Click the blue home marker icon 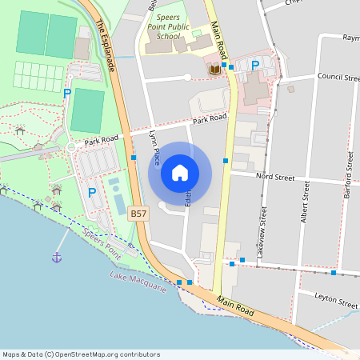pos(180,172)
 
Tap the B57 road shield pos(138,214)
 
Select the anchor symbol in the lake pos(57,257)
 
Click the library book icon pos(214,70)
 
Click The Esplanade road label pos(106,46)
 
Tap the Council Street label pos(338,78)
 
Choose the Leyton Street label pos(337,303)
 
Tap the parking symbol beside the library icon pos(255,65)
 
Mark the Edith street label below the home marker pos(189,195)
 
